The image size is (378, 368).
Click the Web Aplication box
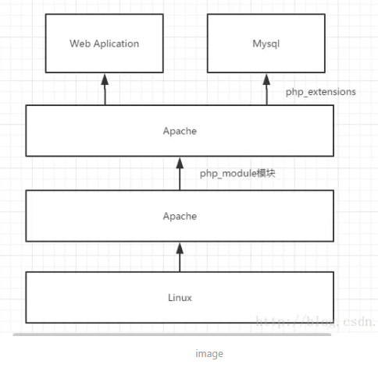click(x=104, y=44)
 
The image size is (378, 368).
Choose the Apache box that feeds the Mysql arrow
click(x=180, y=131)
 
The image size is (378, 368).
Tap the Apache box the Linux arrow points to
click(x=180, y=216)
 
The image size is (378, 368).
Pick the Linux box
click(x=180, y=297)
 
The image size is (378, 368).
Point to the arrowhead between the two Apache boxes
click(x=180, y=162)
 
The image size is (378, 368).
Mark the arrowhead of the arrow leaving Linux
click(x=180, y=247)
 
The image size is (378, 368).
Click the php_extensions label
click(x=321, y=92)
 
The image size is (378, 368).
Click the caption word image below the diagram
click(x=209, y=353)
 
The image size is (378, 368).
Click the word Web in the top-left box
click(x=80, y=44)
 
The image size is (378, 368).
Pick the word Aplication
click(x=116, y=44)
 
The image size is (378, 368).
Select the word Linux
click(x=180, y=297)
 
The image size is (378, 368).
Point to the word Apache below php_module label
click(x=180, y=216)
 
